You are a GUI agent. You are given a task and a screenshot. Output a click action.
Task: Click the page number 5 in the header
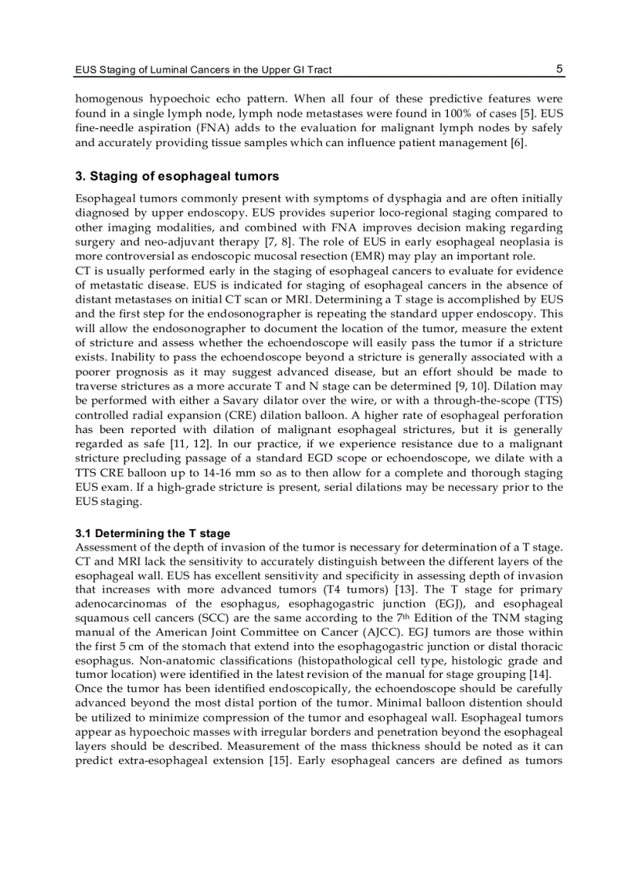point(559,69)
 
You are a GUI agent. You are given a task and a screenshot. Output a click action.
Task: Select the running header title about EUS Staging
point(203,70)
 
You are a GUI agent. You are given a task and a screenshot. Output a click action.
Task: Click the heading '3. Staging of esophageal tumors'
point(177,176)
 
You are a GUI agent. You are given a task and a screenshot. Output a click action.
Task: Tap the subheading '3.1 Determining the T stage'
point(152,533)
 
